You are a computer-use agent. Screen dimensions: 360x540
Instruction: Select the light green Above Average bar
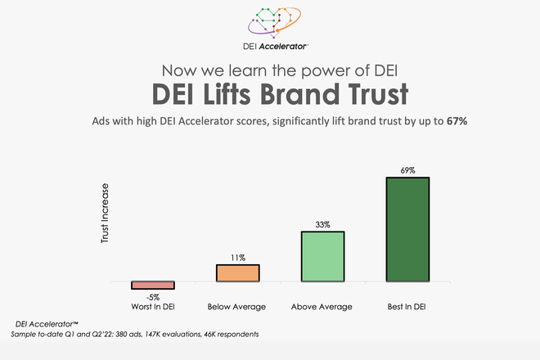pos(322,257)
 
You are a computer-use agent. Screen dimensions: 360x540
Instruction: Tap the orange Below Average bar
pos(237,273)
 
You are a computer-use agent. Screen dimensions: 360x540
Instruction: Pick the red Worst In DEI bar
pos(153,285)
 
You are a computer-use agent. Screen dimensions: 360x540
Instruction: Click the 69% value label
pos(407,171)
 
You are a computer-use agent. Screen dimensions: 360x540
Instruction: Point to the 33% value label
pos(322,224)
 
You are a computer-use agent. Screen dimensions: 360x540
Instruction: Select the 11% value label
pos(237,257)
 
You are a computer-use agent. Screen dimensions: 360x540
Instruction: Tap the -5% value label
pos(153,295)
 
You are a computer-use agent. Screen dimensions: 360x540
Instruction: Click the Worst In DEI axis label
pos(153,307)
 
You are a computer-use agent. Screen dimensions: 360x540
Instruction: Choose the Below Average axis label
pos(237,307)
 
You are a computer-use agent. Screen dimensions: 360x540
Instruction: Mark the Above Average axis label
pos(322,307)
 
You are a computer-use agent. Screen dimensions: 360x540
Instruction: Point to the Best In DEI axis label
pos(407,307)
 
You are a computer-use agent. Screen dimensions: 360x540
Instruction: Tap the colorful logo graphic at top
pos(270,22)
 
